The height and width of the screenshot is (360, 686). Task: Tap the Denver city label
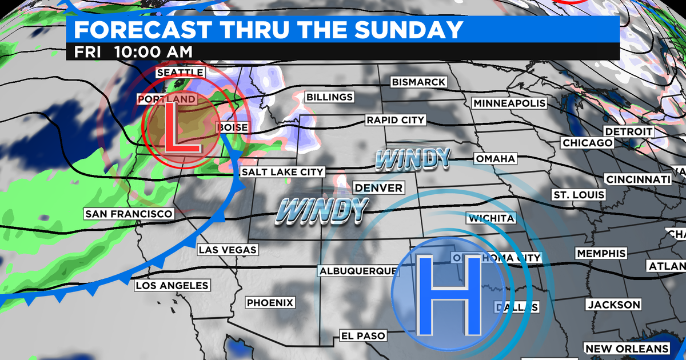click(x=378, y=187)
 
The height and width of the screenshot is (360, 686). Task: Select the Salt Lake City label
click(x=282, y=171)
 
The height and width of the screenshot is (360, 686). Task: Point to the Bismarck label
click(x=418, y=82)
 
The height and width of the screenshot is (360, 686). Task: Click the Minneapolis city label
click(x=509, y=103)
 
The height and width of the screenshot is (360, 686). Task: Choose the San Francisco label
click(x=129, y=214)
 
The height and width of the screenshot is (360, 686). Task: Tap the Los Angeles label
click(x=172, y=285)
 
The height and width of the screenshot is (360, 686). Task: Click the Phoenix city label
click(x=270, y=303)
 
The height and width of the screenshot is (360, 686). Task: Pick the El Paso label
click(x=363, y=335)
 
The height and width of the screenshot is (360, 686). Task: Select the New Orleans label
click(x=627, y=349)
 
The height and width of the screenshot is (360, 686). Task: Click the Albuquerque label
click(x=358, y=270)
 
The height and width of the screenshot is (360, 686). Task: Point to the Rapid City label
click(x=396, y=120)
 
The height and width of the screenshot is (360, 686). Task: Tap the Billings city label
click(x=329, y=97)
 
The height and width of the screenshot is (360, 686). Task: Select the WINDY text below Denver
click(x=322, y=210)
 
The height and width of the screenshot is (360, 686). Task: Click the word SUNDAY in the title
click(x=400, y=29)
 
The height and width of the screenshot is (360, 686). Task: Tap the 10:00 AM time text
click(x=153, y=51)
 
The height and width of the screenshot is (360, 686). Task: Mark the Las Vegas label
click(x=227, y=250)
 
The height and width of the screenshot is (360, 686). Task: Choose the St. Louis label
click(x=578, y=194)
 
